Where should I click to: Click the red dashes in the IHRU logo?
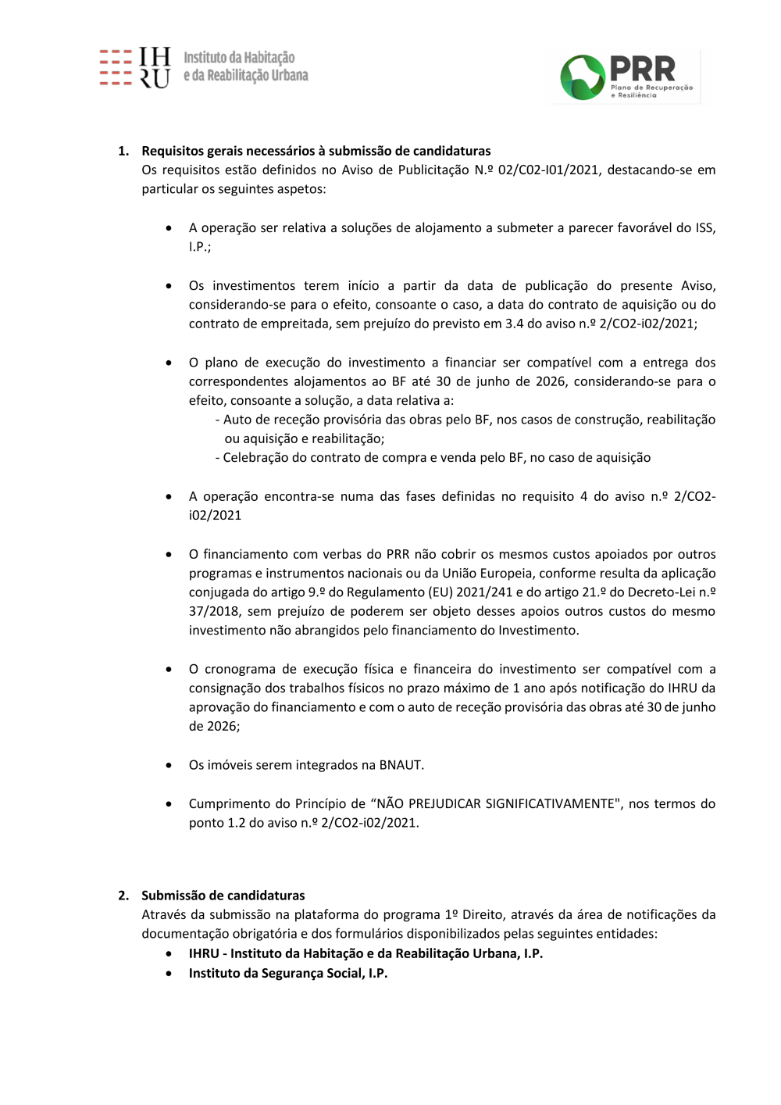[116, 67]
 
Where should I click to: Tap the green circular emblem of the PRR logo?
[582, 77]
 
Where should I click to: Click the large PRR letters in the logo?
[642, 69]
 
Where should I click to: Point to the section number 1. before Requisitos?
[123, 151]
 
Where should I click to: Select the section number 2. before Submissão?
[123, 896]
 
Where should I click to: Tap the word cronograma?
[240, 669]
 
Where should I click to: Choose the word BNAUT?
[400, 765]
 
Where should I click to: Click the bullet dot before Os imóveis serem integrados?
[169, 765]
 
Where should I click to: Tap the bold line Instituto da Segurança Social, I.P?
[287, 973]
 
